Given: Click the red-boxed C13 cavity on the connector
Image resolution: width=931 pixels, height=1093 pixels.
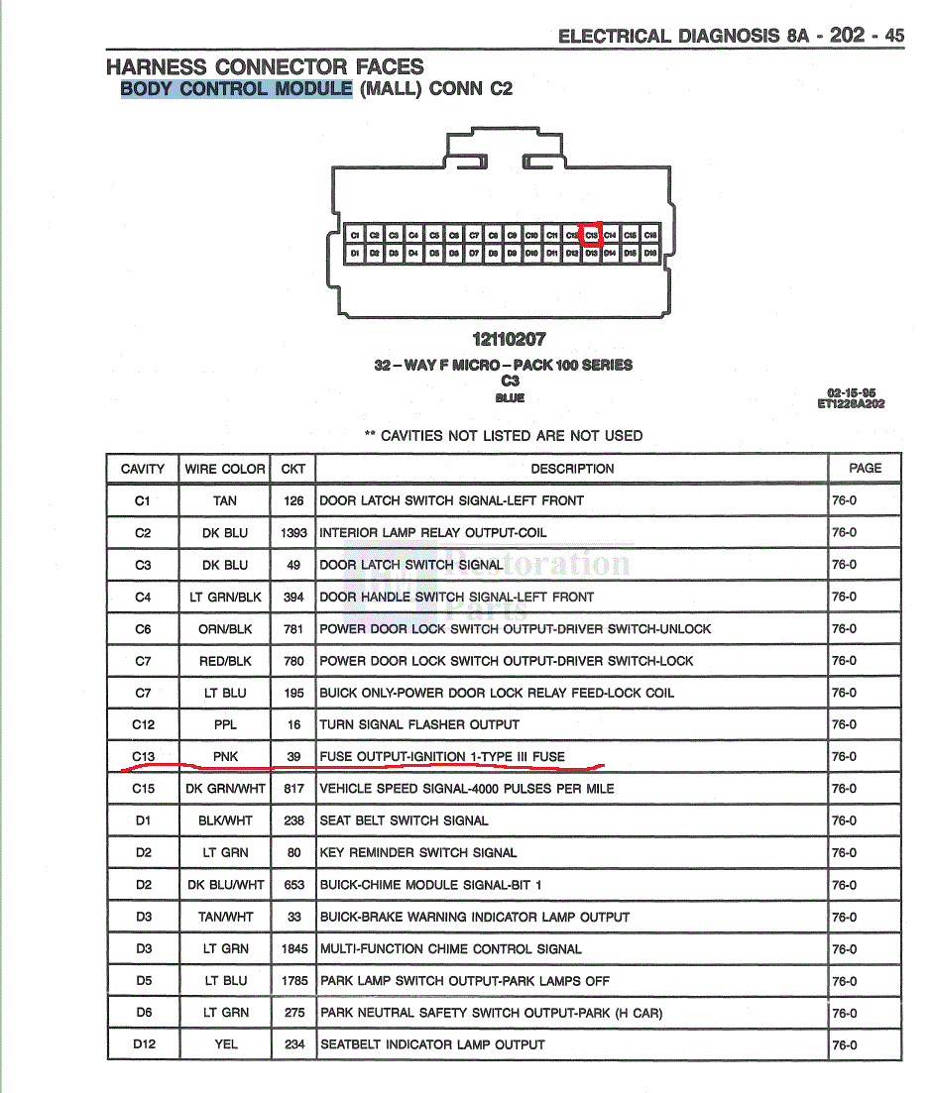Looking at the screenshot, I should coord(591,235).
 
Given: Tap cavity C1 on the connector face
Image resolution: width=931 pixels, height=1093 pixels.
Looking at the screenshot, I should coord(354,235).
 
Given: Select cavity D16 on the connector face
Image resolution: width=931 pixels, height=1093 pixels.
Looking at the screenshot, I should coord(650,254).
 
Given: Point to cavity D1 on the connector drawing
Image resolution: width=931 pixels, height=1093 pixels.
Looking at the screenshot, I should coord(354,254).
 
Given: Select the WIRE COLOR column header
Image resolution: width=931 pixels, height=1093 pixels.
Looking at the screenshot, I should coord(225,469).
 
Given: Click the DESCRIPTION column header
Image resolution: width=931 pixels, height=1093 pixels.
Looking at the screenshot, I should coord(572,469).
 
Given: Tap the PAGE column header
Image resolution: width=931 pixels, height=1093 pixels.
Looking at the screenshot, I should coord(865,468).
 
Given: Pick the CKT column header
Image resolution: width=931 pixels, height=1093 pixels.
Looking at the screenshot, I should coord(293,469).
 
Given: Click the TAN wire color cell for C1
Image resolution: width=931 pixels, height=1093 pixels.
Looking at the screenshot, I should coord(225,500).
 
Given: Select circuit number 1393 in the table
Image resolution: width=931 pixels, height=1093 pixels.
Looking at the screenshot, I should coord(293,532).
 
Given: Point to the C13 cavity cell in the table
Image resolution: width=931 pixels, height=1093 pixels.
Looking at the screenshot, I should coord(143,756).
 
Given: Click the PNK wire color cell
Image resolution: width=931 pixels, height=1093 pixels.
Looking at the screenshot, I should coord(225,756).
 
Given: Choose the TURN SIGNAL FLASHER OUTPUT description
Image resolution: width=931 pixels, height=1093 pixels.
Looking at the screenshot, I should coord(418,724).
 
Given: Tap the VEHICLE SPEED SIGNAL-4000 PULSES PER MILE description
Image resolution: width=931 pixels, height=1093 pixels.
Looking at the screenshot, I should coord(466,789).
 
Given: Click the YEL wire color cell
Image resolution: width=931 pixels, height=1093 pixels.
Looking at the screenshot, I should coord(225,1044).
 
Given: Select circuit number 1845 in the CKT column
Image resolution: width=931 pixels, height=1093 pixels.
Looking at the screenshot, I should coord(293,948).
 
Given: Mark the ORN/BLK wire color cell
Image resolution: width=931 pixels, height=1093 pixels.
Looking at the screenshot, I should coord(225,628).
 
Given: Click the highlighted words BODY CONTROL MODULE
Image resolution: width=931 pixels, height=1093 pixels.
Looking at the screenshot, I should coord(236,88).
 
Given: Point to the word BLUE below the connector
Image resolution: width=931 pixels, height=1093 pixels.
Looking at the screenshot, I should coord(510,397).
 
